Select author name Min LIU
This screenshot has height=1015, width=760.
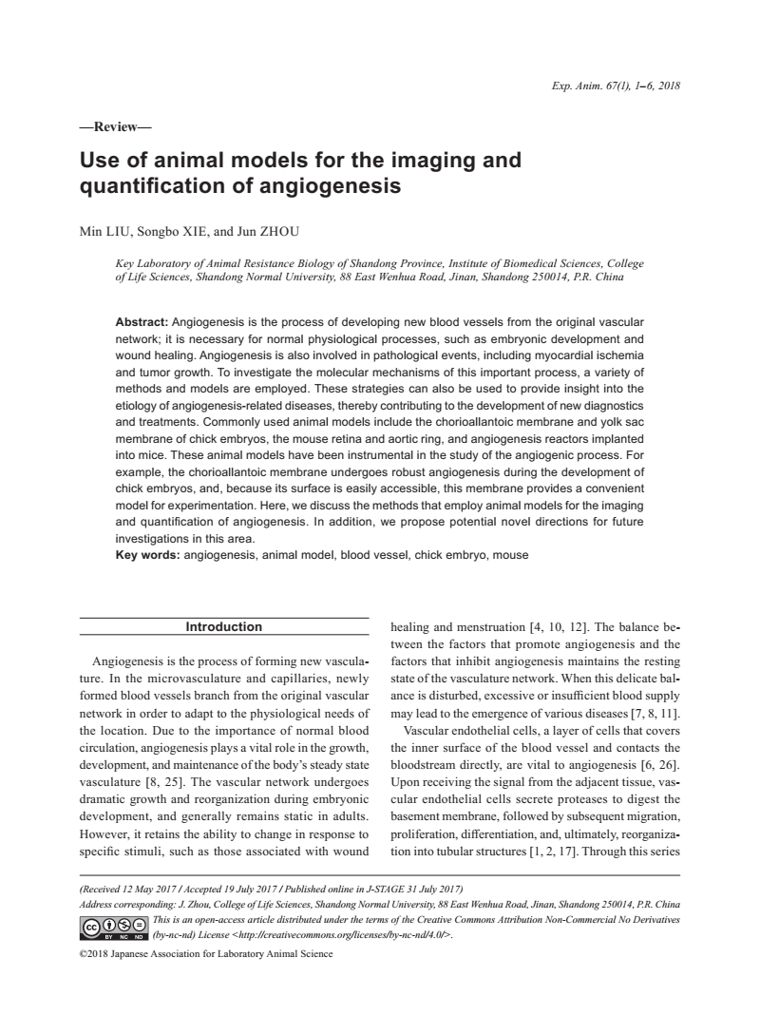[107, 230]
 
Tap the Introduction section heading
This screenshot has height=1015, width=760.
[223, 627]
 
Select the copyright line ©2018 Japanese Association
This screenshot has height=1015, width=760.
[206, 954]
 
